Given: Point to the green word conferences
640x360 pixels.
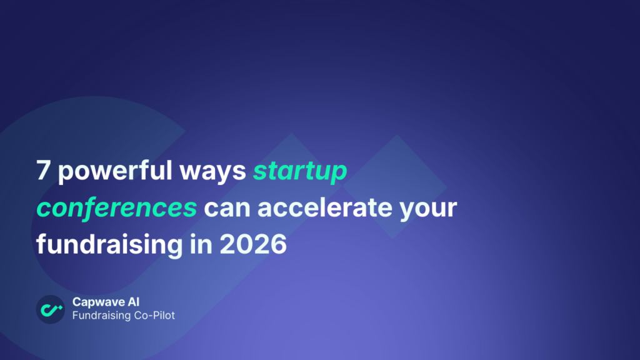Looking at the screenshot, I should coord(116,207).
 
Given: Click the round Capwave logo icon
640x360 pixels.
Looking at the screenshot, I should coord(51,309).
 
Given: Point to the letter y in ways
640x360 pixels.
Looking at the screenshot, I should coord(223,176).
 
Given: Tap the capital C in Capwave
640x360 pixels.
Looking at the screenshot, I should coord(77,302).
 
